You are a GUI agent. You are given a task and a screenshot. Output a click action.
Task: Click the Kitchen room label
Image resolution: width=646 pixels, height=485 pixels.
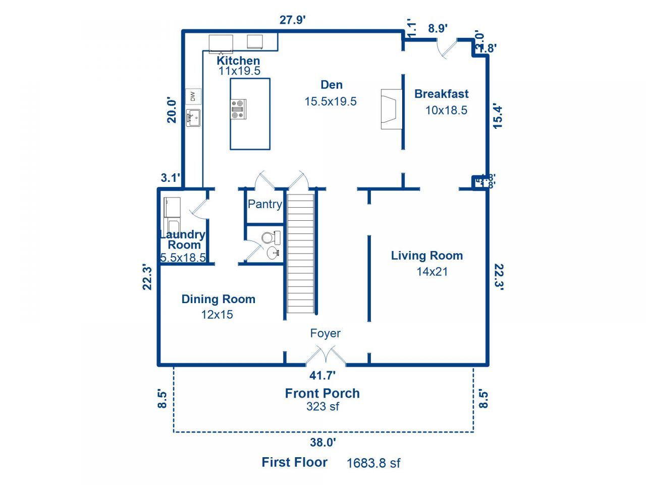(x=238, y=61)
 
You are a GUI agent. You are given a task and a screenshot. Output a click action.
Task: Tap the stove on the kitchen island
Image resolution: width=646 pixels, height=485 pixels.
(x=238, y=109)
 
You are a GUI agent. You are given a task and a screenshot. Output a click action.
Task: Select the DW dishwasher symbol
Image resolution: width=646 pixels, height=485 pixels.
(x=193, y=96)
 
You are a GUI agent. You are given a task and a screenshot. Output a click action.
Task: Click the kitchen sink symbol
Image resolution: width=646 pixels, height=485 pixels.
(x=193, y=118)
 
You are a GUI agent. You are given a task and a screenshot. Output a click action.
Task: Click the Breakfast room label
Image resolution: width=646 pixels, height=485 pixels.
(x=441, y=94)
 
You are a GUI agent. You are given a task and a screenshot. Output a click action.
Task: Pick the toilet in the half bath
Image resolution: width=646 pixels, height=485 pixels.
(x=271, y=237)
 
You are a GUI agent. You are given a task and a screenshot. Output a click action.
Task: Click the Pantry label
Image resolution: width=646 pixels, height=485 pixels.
(x=264, y=204)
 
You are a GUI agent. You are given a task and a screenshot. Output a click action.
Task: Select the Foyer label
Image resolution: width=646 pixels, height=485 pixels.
(x=325, y=333)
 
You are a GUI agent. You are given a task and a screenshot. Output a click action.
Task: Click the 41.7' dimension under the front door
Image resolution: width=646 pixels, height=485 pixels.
(x=322, y=375)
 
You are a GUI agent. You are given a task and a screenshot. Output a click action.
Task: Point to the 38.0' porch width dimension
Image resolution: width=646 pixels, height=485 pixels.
(x=323, y=443)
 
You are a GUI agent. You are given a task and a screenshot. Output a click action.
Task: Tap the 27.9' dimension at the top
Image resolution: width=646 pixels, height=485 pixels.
(x=293, y=20)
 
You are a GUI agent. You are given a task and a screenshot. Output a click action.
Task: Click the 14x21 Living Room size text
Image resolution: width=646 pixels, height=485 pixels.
(x=432, y=272)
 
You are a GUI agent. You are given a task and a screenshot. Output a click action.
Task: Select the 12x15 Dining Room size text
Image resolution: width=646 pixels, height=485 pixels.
(x=217, y=315)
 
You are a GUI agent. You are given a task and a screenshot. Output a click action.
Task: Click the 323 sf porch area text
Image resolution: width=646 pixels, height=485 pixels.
(x=322, y=407)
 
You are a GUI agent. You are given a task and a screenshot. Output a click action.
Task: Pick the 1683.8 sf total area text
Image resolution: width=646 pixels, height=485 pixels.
(x=373, y=463)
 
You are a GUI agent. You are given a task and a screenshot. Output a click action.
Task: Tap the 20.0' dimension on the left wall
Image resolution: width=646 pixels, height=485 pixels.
(x=172, y=110)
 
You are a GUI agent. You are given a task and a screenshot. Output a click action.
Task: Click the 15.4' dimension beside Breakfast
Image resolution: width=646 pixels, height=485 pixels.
(x=498, y=116)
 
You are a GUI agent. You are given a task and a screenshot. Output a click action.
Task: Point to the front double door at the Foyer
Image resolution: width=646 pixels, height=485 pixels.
(x=326, y=356)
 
